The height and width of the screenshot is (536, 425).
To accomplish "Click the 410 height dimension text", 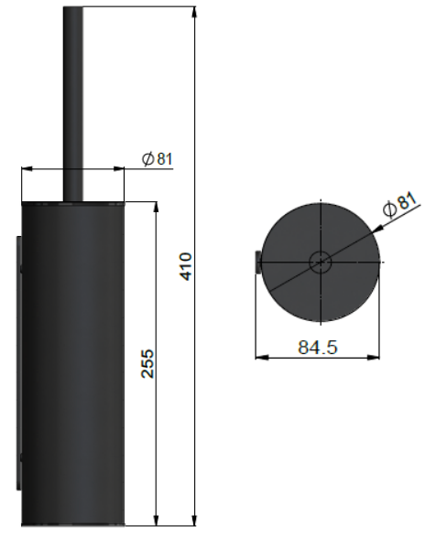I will coord(186,266).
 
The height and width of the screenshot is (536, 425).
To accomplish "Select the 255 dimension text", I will coord(147,362).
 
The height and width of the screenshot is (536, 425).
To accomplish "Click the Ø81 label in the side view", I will coord(158,158).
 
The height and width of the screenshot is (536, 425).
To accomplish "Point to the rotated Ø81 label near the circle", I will coord(400,203).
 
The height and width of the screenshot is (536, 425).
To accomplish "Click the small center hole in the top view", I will coord(320,261).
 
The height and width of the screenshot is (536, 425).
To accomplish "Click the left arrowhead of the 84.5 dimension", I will coord(259,359).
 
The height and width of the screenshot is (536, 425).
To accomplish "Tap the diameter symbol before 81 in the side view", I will coord(147,158).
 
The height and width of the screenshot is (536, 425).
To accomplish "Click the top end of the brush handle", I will coord(72,9).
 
